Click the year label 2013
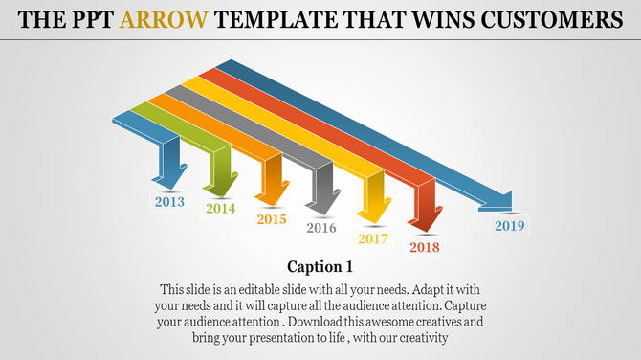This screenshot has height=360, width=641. (169, 202)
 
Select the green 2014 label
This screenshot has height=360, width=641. (220, 209)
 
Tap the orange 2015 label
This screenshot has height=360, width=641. (272, 219)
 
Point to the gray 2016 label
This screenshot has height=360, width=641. (321, 228)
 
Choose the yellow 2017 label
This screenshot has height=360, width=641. (373, 238)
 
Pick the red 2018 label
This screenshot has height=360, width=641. (425, 248)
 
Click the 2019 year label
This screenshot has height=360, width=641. (510, 227)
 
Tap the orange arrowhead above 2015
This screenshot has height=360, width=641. (273, 191)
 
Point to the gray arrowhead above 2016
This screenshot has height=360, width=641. (322, 199)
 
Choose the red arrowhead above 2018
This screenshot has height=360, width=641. (426, 219)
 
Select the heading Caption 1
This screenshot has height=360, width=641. (320, 266)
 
